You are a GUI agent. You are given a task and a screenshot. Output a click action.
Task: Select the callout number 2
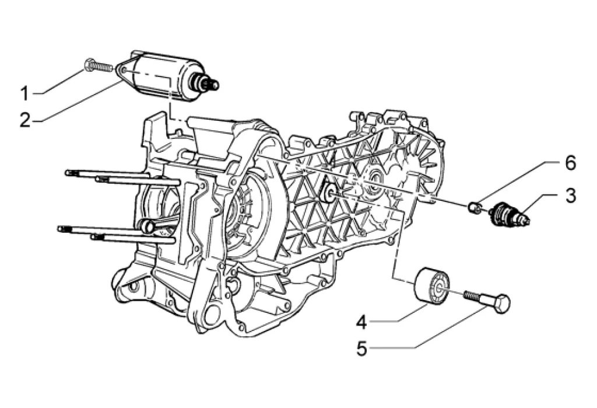point(25,120)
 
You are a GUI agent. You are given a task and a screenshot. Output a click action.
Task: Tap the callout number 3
point(570,196)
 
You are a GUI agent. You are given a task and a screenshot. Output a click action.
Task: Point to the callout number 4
point(361,323)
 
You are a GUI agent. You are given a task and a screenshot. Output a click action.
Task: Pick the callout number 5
point(361,348)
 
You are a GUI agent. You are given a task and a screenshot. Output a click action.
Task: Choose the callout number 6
point(570,163)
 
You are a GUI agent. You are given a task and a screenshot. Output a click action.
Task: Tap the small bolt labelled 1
point(98,67)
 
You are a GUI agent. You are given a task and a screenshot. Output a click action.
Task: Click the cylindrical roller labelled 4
point(432,286)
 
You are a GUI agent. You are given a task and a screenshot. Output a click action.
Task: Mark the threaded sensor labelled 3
point(509,214)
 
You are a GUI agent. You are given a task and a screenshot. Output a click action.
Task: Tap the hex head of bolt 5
point(500,304)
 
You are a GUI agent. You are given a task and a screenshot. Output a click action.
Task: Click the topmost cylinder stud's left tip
point(67,172)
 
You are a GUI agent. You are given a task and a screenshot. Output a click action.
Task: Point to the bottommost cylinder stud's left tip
point(93,237)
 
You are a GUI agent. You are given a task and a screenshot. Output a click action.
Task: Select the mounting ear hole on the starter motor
point(123,70)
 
